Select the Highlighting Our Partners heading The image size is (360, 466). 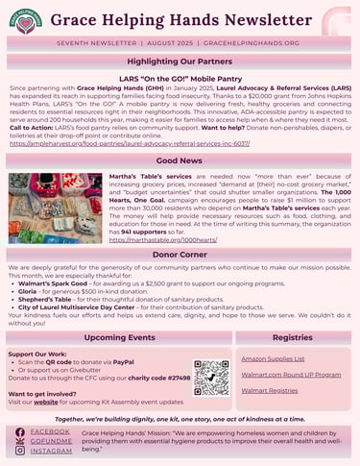click(180, 61)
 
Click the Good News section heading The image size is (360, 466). click(180, 160)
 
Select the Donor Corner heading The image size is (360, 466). click(180, 255)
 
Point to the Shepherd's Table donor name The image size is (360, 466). click(47, 302)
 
